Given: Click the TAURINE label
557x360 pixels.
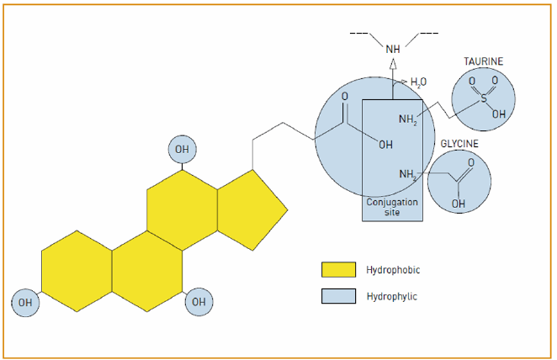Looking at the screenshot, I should [x=483, y=61].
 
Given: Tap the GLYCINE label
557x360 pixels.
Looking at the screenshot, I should [x=459, y=144].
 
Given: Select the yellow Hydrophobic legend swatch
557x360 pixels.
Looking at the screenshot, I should [x=338, y=270].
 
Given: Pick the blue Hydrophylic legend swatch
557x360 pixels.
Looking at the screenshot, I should [x=338, y=296].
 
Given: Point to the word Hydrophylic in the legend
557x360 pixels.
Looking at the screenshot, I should [x=391, y=296].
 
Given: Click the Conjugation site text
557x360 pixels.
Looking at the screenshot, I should [x=392, y=207].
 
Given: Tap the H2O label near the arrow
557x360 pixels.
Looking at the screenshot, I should [x=418, y=82].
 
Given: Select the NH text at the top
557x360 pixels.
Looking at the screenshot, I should [x=393, y=50].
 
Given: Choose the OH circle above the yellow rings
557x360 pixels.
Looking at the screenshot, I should [x=183, y=150].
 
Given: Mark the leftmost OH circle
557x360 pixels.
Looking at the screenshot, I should [x=25, y=301].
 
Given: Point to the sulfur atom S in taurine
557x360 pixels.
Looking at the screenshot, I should [x=483, y=98].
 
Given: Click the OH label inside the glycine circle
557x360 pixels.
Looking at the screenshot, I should [x=459, y=203].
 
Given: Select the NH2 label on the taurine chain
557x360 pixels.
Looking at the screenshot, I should [x=408, y=119].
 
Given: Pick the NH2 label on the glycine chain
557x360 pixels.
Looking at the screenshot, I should [x=408, y=174].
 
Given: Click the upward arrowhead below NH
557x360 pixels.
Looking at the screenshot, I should [x=393, y=69].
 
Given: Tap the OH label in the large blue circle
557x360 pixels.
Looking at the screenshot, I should [x=385, y=144].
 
